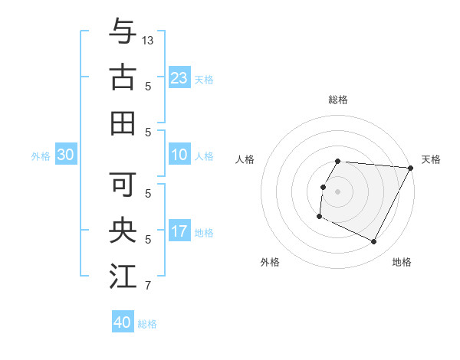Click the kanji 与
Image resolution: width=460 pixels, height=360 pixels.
(123, 31)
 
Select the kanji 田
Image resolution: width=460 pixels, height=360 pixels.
(123, 123)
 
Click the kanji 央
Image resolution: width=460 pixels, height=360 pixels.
(123, 231)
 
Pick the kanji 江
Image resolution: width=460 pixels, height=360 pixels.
(123, 277)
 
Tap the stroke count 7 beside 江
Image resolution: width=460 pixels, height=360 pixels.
(148, 286)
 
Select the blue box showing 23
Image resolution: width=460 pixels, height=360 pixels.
(179, 77)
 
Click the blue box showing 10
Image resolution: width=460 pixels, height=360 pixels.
(179, 154)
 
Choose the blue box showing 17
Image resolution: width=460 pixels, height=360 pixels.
(179, 231)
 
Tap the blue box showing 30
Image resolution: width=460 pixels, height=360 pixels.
(66, 155)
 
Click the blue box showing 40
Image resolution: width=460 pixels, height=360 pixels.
(123, 322)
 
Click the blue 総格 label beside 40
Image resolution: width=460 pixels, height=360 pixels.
(148, 324)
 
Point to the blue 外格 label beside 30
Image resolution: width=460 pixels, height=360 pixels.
(41, 156)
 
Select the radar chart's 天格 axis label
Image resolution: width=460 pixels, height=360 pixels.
(431, 159)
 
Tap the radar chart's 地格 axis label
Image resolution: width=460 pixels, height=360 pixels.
(402, 262)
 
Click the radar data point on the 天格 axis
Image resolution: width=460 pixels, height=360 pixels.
(411, 168)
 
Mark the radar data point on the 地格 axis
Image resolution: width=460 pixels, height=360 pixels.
(374, 242)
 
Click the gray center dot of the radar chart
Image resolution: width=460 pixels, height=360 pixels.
(338, 191)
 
